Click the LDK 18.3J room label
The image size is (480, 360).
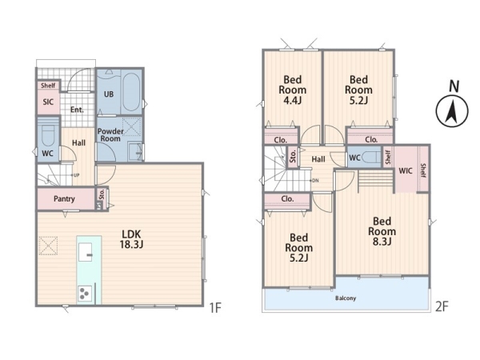(132, 239)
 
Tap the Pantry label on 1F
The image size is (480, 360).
(64, 199)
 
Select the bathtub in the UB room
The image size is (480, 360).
(131, 91)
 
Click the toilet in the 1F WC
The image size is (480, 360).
(49, 135)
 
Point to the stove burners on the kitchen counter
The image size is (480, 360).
(85, 294)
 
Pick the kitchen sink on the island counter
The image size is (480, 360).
(86, 252)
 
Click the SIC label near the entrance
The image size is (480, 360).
(48, 102)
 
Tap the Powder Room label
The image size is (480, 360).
(110, 135)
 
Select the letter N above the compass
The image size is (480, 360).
(454, 86)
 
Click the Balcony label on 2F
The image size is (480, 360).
(346, 298)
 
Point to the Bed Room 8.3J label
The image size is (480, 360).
(382, 232)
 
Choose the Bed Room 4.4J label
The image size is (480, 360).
(293, 90)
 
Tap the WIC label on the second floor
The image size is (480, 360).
(406, 171)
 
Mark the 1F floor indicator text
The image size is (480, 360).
(215, 308)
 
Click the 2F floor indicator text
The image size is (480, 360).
(442, 306)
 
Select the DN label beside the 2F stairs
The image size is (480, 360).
(316, 181)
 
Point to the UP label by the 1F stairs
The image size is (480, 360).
(77, 175)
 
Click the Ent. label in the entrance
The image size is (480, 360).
(77, 110)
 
